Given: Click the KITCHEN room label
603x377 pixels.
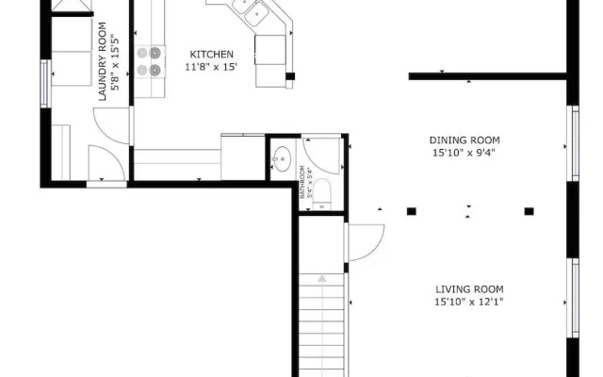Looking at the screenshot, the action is (x=211, y=55).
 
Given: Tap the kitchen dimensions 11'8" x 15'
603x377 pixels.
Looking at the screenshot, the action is (x=211, y=67).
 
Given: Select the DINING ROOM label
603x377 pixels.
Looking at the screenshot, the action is (x=464, y=140).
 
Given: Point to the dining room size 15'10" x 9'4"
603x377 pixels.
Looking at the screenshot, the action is (x=464, y=153).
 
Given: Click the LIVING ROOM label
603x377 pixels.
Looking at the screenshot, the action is (x=469, y=289).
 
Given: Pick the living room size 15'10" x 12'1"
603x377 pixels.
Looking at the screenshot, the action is (x=469, y=302).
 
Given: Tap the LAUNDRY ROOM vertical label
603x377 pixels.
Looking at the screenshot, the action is (x=103, y=61).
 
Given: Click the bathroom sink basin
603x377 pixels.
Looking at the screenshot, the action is (x=283, y=158).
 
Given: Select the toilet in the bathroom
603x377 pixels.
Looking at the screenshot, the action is (x=322, y=194).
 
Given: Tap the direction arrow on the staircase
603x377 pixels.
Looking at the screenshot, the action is (x=322, y=278).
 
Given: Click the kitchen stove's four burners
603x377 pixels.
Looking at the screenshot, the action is (x=149, y=61).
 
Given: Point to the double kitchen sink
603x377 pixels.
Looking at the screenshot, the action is (x=250, y=10).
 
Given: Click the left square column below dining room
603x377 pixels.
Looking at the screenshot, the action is (x=412, y=211).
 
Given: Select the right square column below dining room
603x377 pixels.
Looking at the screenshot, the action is (x=530, y=211).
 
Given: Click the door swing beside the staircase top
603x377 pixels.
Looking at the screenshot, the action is (x=366, y=243).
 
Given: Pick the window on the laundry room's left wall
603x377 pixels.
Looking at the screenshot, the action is (x=44, y=84).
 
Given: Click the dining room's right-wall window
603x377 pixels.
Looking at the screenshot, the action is (x=575, y=143).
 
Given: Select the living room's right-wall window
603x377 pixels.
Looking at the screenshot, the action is (x=575, y=298).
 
